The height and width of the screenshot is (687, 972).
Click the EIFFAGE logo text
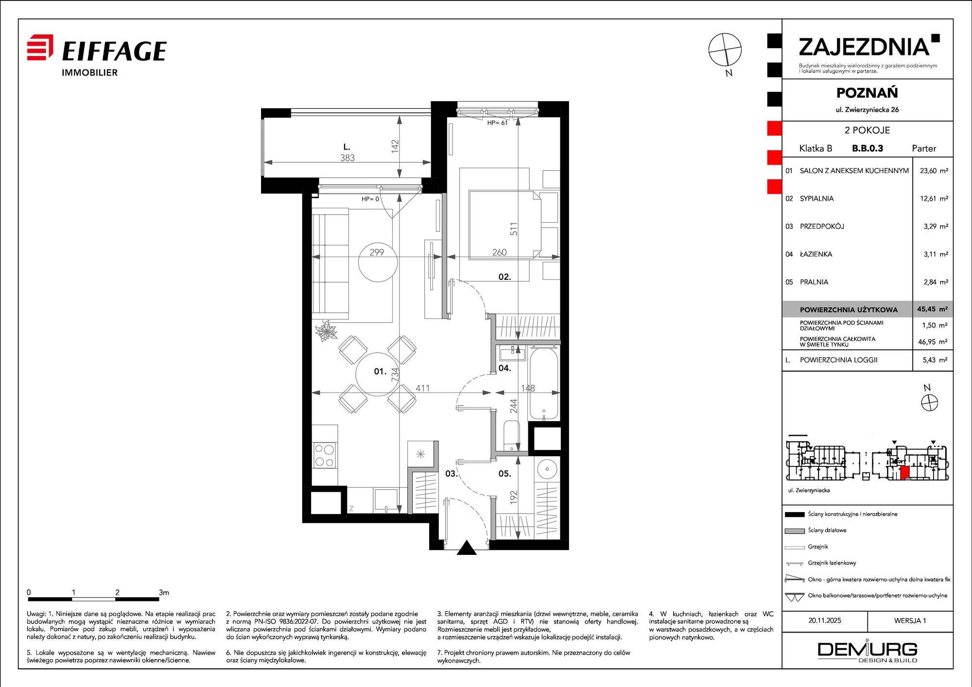click(x=115, y=51)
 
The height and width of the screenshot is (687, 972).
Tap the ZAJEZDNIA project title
click(x=864, y=47)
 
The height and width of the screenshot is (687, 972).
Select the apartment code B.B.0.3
click(x=868, y=149)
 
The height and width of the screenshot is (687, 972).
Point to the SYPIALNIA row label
click(x=816, y=199)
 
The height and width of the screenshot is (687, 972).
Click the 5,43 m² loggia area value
click(x=936, y=360)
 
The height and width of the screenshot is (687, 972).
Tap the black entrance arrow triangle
click(x=467, y=548)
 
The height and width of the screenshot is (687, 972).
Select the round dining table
click(x=378, y=374)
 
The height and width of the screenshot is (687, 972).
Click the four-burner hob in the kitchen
click(x=324, y=455)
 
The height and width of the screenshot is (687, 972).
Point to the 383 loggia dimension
click(x=347, y=158)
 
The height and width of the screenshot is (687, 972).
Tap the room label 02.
click(x=504, y=277)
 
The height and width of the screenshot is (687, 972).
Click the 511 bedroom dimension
click(x=514, y=229)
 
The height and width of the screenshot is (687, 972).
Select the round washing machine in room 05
click(x=547, y=469)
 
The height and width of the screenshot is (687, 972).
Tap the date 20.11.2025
click(x=825, y=620)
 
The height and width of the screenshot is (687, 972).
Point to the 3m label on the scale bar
click(x=164, y=592)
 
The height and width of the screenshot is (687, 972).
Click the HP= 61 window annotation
click(x=497, y=123)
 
